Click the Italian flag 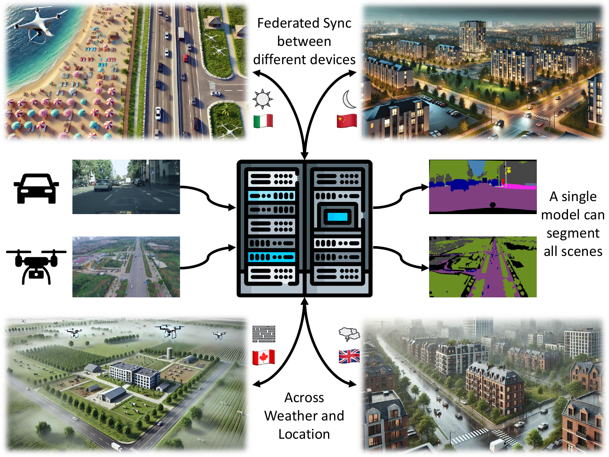pos(263,121)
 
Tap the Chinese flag pos(346,121)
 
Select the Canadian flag pos(263,357)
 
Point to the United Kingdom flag pos(349,356)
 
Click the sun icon pos(263,99)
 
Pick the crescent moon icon pos(349,99)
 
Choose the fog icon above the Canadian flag pos(263,334)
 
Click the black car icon pos(36,188)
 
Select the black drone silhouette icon pos(36,266)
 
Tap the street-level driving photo pos(126,187)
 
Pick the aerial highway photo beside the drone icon pos(126,267)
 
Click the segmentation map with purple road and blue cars pos(483,187)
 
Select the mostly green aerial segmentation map pos(483,267)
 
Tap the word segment pos(573,233)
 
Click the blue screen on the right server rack pos(337,217)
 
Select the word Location pos(304,434)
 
